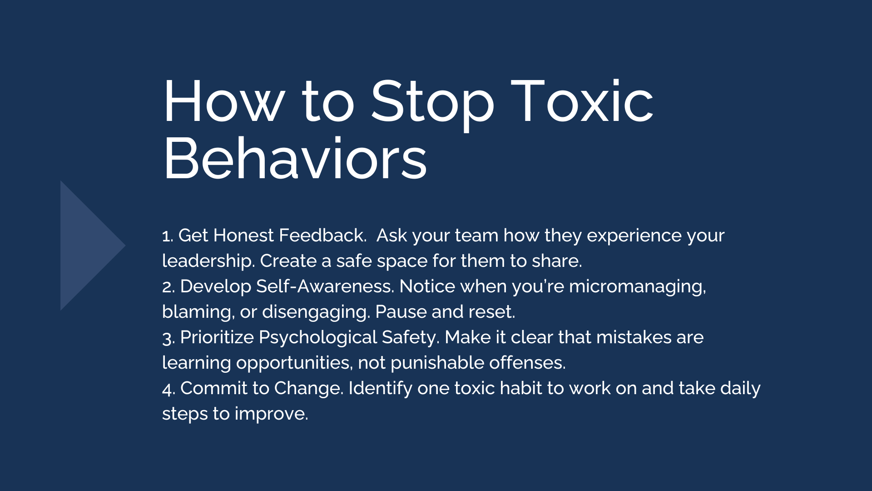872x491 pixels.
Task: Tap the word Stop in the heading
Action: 432,105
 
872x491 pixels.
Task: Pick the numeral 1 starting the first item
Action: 166,236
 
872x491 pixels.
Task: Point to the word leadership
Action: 208,261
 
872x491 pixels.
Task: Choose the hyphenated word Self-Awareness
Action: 325,286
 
